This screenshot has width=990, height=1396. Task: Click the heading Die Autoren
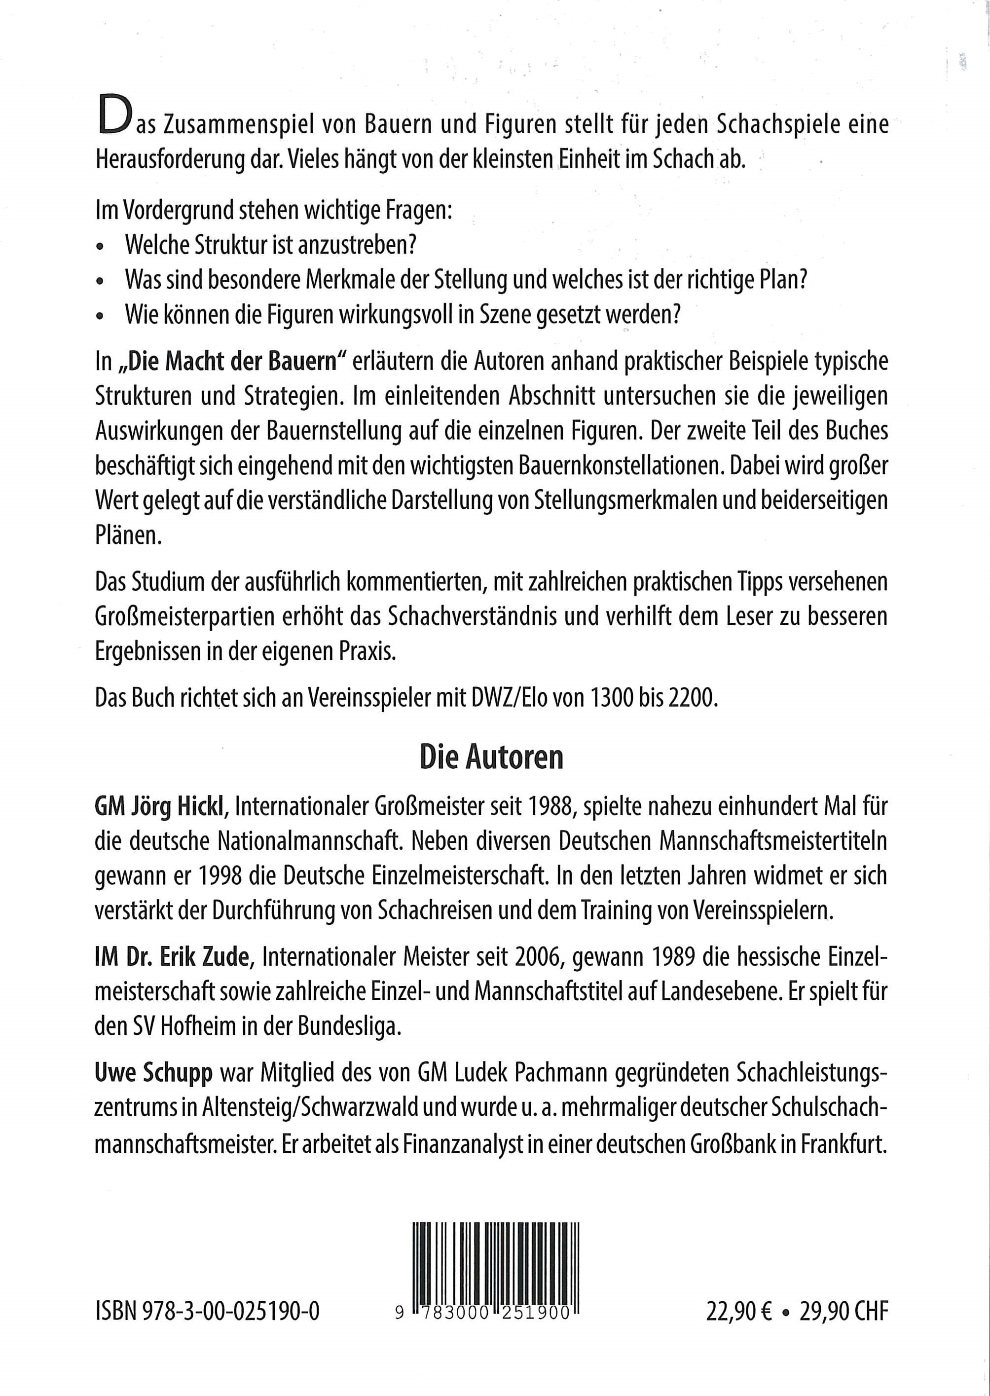tap(491, 758)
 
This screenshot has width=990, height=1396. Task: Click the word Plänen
tap(128, 537)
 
